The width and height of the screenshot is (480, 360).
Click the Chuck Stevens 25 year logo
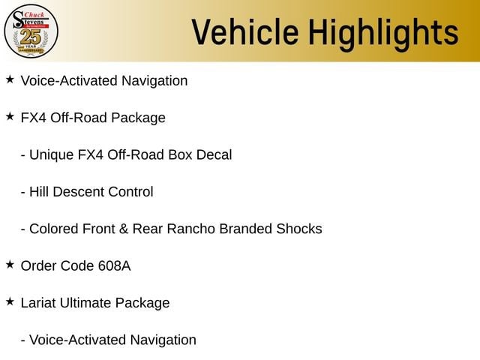point(31,31)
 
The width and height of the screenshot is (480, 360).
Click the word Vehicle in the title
point(245,31)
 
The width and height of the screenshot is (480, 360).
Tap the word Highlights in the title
point(383,34)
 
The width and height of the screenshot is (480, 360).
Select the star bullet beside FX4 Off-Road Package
point(10,116)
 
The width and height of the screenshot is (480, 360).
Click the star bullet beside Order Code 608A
point(10,264)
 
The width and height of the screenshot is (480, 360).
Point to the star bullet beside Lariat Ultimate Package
point(10,301)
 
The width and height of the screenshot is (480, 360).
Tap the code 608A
point(115,265)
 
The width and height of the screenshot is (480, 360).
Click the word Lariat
point(38,303)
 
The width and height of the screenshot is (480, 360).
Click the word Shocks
point(299,229)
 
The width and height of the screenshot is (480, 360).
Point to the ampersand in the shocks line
point(124,229)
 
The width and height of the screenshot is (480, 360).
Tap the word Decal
point(214,154)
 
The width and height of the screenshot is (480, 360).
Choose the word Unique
point(52,154)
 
